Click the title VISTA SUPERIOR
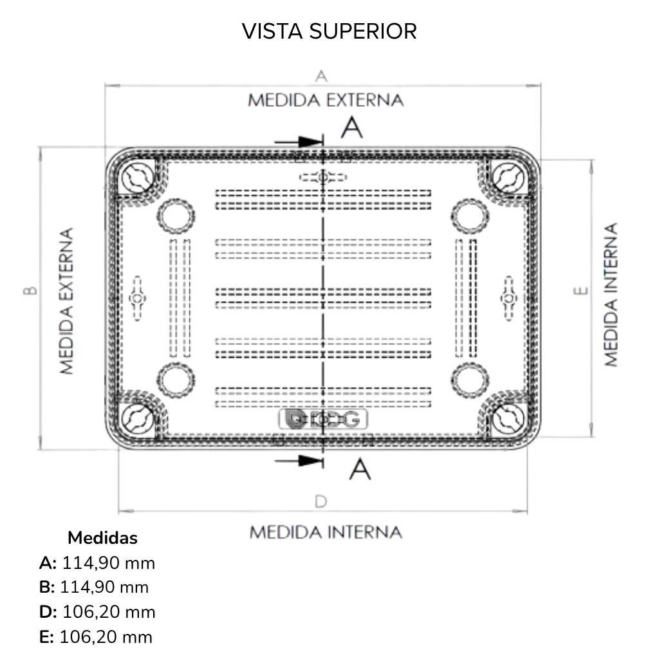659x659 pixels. [329, 32]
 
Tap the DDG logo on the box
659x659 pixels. [323, 419]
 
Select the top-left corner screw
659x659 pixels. [138, 178]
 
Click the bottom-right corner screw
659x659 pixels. [508, 419]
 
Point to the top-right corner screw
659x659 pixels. [508, 178]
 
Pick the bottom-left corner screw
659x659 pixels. [138, 419]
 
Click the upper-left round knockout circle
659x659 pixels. [176, 216]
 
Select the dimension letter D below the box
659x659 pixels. [320, 501]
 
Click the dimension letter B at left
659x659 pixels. [30, 290]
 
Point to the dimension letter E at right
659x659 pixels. [581, 290]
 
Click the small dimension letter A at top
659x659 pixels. [321, 77]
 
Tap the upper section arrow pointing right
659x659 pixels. [299, 142]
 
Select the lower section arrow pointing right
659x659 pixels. [299, 461]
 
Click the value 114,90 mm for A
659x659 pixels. [109, 563]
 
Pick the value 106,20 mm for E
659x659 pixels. [106, 637]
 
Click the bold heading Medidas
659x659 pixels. [102, 538]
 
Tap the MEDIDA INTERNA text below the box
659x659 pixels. [326, 532]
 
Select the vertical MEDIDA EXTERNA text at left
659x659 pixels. [66, 301]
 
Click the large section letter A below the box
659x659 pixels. [360, 469]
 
